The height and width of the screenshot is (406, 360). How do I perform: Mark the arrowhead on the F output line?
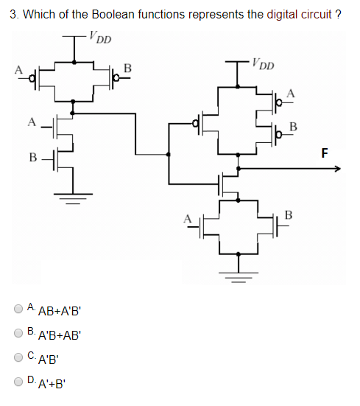(x=338, y=169)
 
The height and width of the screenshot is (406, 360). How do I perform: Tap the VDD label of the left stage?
(x=99, y=35)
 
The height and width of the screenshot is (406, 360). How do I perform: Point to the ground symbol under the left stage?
(x=71, y=197)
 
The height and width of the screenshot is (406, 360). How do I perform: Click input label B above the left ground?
(x=32, y=157)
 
